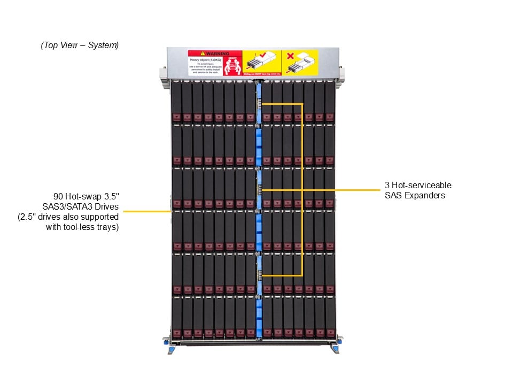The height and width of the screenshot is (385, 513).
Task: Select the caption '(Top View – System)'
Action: (80, 45)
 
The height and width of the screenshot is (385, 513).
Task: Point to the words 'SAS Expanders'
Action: (415, 196)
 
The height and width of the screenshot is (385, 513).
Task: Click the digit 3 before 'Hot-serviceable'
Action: (387, 185)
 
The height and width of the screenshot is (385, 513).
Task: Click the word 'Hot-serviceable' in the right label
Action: (422, 185)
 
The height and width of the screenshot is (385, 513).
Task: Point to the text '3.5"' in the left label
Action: (111, 196)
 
